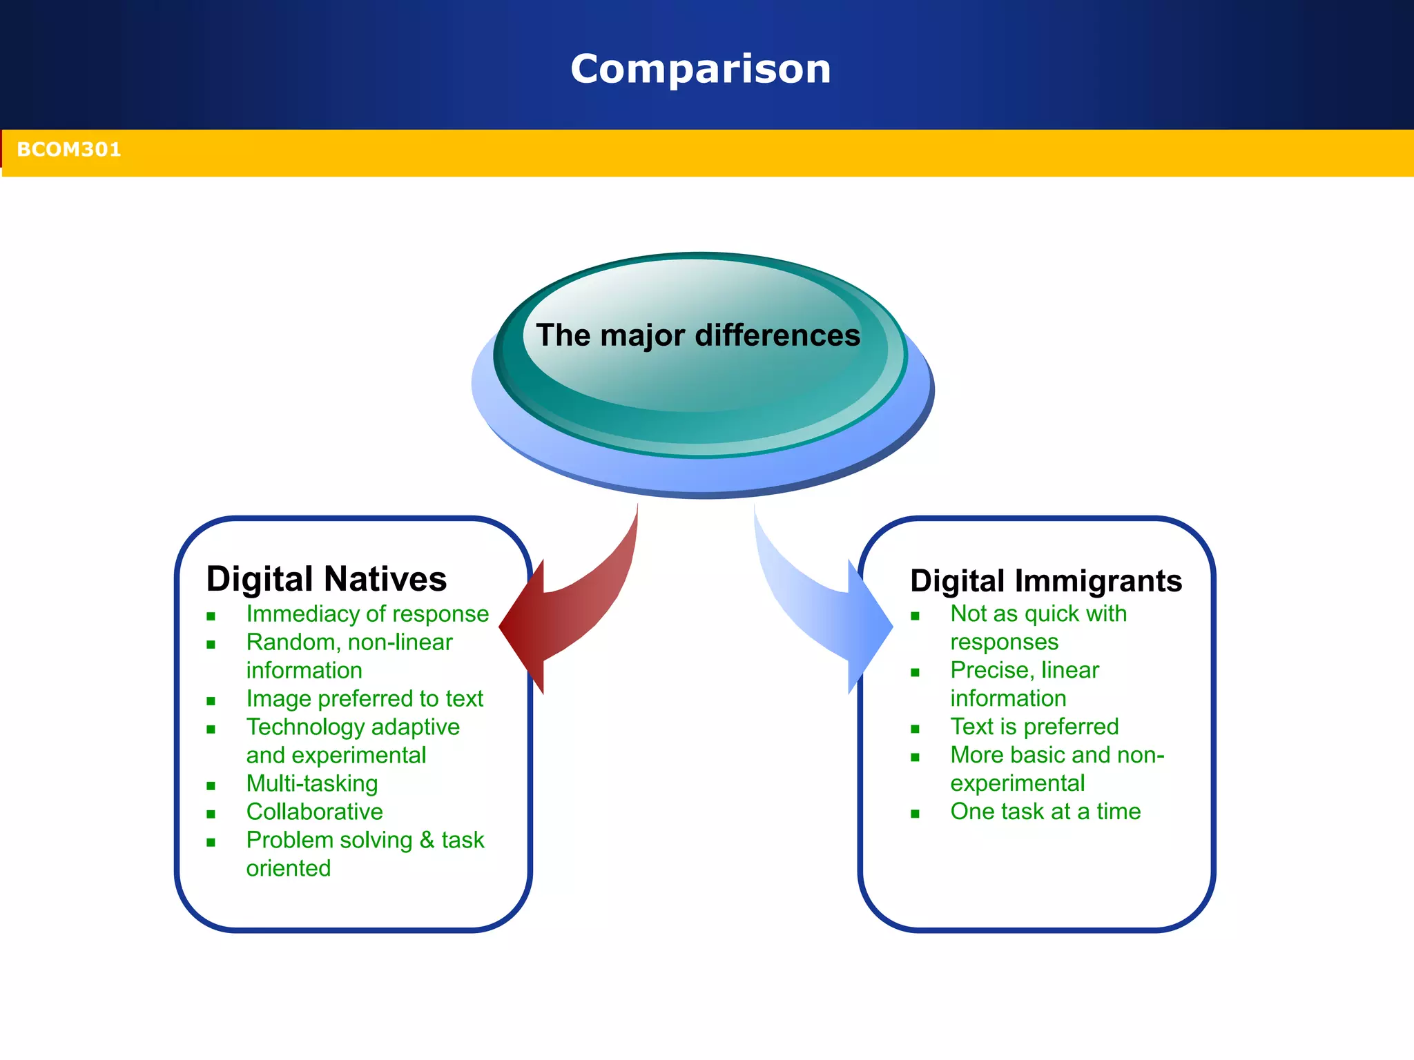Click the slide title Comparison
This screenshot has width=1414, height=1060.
700,69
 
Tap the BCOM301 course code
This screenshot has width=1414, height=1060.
68,150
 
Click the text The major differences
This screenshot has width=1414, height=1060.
698,335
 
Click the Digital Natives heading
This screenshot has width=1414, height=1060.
326,579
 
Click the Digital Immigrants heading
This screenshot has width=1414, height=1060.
1045,581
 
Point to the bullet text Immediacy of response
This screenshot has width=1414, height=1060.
367,614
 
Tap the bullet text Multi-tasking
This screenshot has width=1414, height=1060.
312,784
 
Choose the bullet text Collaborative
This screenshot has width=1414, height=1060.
314,812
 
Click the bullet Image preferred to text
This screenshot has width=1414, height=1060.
365,699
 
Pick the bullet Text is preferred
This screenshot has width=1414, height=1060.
1034,727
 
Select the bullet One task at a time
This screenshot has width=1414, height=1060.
1045,812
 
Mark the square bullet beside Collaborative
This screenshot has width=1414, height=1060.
211,814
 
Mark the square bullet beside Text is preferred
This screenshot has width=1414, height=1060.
915,729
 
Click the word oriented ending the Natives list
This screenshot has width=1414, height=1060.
289,869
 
